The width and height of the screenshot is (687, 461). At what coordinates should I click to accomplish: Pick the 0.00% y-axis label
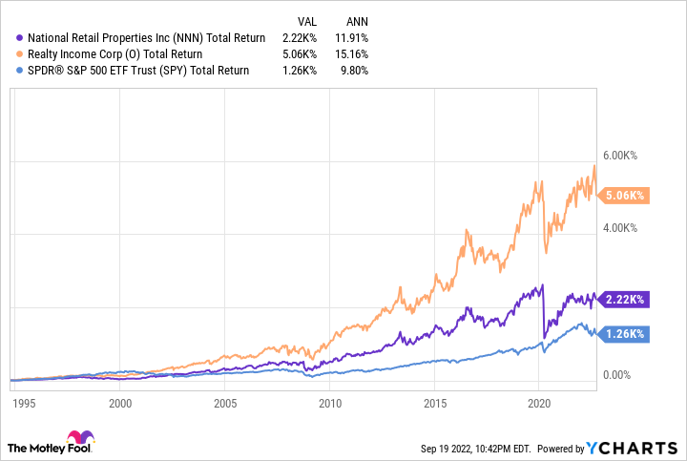point(624,375)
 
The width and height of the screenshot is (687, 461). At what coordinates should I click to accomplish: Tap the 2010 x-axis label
point(330,403)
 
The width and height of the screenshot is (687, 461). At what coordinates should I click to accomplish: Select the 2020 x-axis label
point(539,403)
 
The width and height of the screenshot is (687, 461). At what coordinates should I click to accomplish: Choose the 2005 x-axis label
point(225,403)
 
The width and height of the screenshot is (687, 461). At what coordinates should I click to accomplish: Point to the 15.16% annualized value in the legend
point(349,54)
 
